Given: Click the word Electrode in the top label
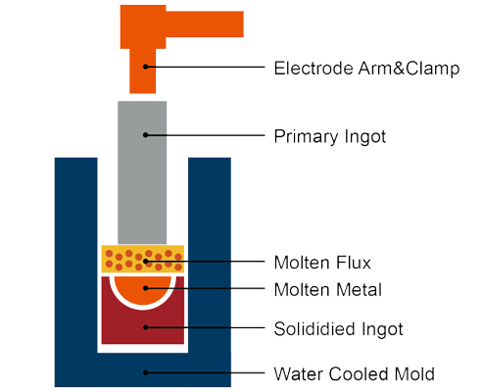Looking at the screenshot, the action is (x=313, y=69).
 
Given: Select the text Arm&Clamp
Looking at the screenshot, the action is (x=409, y=69).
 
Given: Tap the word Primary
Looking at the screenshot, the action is (x=302, y=137).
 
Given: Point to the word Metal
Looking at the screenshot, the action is (x=359, y=290).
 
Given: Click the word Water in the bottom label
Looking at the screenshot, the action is (x=299, y=373).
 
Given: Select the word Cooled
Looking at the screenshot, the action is (x=359, y=373).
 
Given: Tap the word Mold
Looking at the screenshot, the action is (x=414, y=373).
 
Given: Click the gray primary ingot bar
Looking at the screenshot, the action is (x=142, y=172).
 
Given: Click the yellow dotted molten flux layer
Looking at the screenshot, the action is (x=143, y=259).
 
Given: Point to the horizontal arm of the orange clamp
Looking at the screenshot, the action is (x=205, y=24).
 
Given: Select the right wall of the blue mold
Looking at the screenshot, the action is (x=210, y=255).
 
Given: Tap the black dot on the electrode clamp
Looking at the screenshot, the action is (x=146, y=67).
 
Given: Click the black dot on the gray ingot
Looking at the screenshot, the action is (x=146, y=135).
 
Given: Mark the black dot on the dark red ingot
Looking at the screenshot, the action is (x=146, y=327).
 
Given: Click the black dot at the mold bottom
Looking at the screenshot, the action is (x=146, y=372).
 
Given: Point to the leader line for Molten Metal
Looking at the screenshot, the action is (x=205, y=288).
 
